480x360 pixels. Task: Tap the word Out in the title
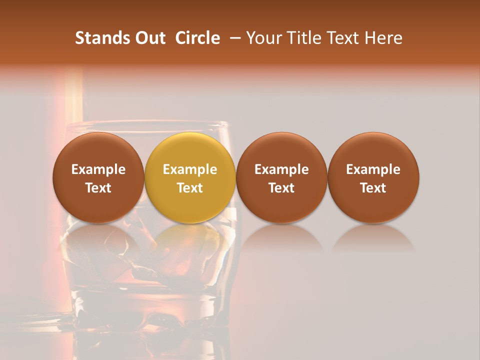[148, 38]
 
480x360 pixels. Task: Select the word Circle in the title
[197, 38]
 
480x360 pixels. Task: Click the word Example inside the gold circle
[190, 169]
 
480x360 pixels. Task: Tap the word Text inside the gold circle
[190, 188]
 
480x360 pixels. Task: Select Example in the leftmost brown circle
[98, 169]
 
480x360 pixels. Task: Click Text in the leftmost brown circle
[98, 188]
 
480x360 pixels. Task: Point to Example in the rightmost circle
[373, 169]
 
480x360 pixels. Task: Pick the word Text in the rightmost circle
[373, 188]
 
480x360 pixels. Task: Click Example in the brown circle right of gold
[281, 169]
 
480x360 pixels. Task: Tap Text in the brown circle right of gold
[281, 188]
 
